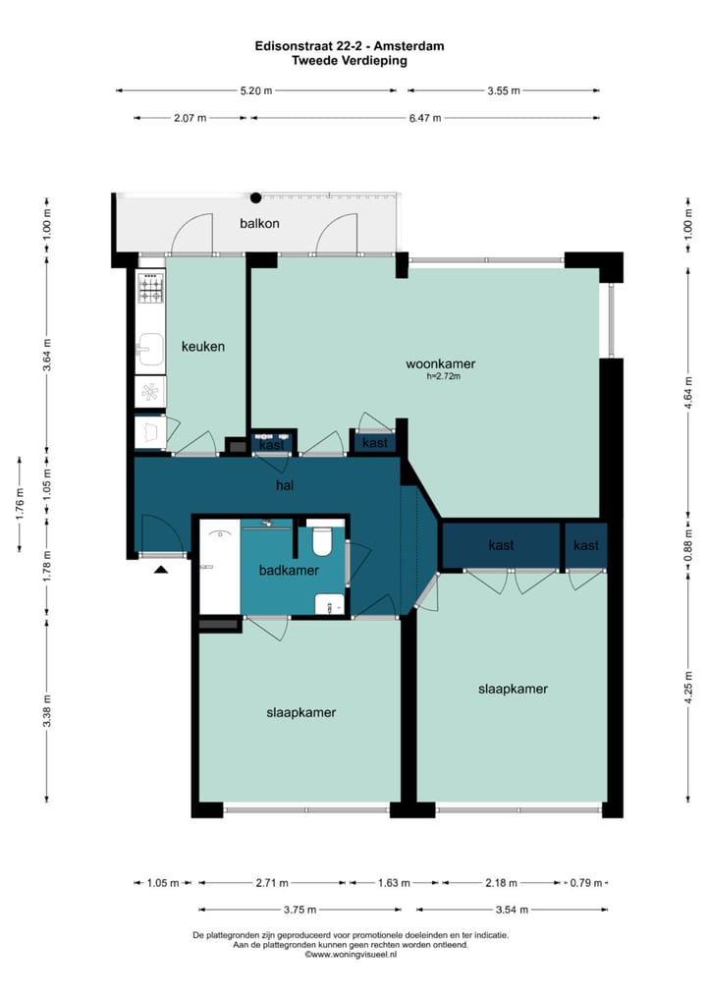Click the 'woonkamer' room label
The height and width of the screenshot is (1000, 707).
click(x=434, y=363)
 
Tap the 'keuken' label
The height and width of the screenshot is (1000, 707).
click(x=203, y=347)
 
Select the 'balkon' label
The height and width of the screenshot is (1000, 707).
click(x=259, y=223)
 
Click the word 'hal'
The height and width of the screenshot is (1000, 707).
click(x=286, y=485)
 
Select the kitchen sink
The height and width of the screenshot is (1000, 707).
click(x=150, y=348)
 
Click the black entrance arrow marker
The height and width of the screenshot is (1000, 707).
click(x=160, y=568)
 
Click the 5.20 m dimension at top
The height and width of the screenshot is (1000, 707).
click(x=256, y=90)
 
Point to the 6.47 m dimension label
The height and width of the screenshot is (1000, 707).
click(x=424, y=118)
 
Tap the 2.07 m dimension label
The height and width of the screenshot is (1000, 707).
click(x=190, y=118)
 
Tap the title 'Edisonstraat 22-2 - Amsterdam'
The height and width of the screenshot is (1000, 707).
click(x=350, y=46)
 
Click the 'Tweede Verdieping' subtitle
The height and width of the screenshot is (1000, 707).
click(x=350, y=60)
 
